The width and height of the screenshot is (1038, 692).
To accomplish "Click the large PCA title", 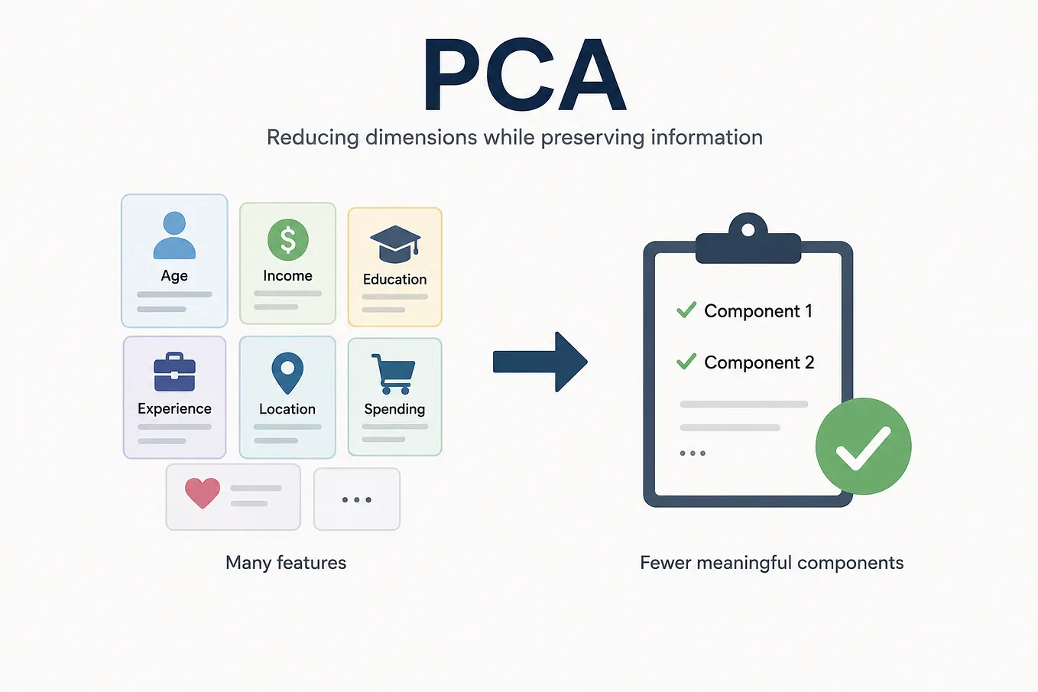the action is click(x=525, y=74).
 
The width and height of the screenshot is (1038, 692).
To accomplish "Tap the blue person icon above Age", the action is click(x=174, y=235).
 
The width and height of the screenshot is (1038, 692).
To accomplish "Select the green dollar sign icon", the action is click(x=287, y=239).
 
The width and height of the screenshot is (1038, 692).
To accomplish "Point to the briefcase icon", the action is click(x=174, y=372).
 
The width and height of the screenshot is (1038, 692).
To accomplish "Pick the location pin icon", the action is click(x=287, y=373).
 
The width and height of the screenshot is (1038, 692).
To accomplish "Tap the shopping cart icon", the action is click(x=394, y=374).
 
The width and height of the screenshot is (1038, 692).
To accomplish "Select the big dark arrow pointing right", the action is click(x=540, y=362).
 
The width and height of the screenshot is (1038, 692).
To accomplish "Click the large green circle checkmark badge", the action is click(x=863, y=447).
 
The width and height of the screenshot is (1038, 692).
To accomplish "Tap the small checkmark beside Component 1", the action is click(x=686, y=310).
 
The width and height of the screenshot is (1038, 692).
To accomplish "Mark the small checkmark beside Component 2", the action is click(x=686, y=361).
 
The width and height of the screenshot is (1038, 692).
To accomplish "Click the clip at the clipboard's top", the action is click(x=748, y=239).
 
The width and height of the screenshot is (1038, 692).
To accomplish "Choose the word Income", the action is click(x=287, y=276).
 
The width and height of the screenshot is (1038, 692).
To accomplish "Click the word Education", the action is click(x=395, y=280).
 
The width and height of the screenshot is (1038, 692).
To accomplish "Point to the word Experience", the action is click(x=175, y=409).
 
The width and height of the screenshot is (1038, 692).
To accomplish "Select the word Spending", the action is click(x=395, y=409).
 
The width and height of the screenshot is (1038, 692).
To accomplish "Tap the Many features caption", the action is click(x=286, y=563).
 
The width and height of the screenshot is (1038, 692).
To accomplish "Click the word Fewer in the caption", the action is click(x=666, y=563).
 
